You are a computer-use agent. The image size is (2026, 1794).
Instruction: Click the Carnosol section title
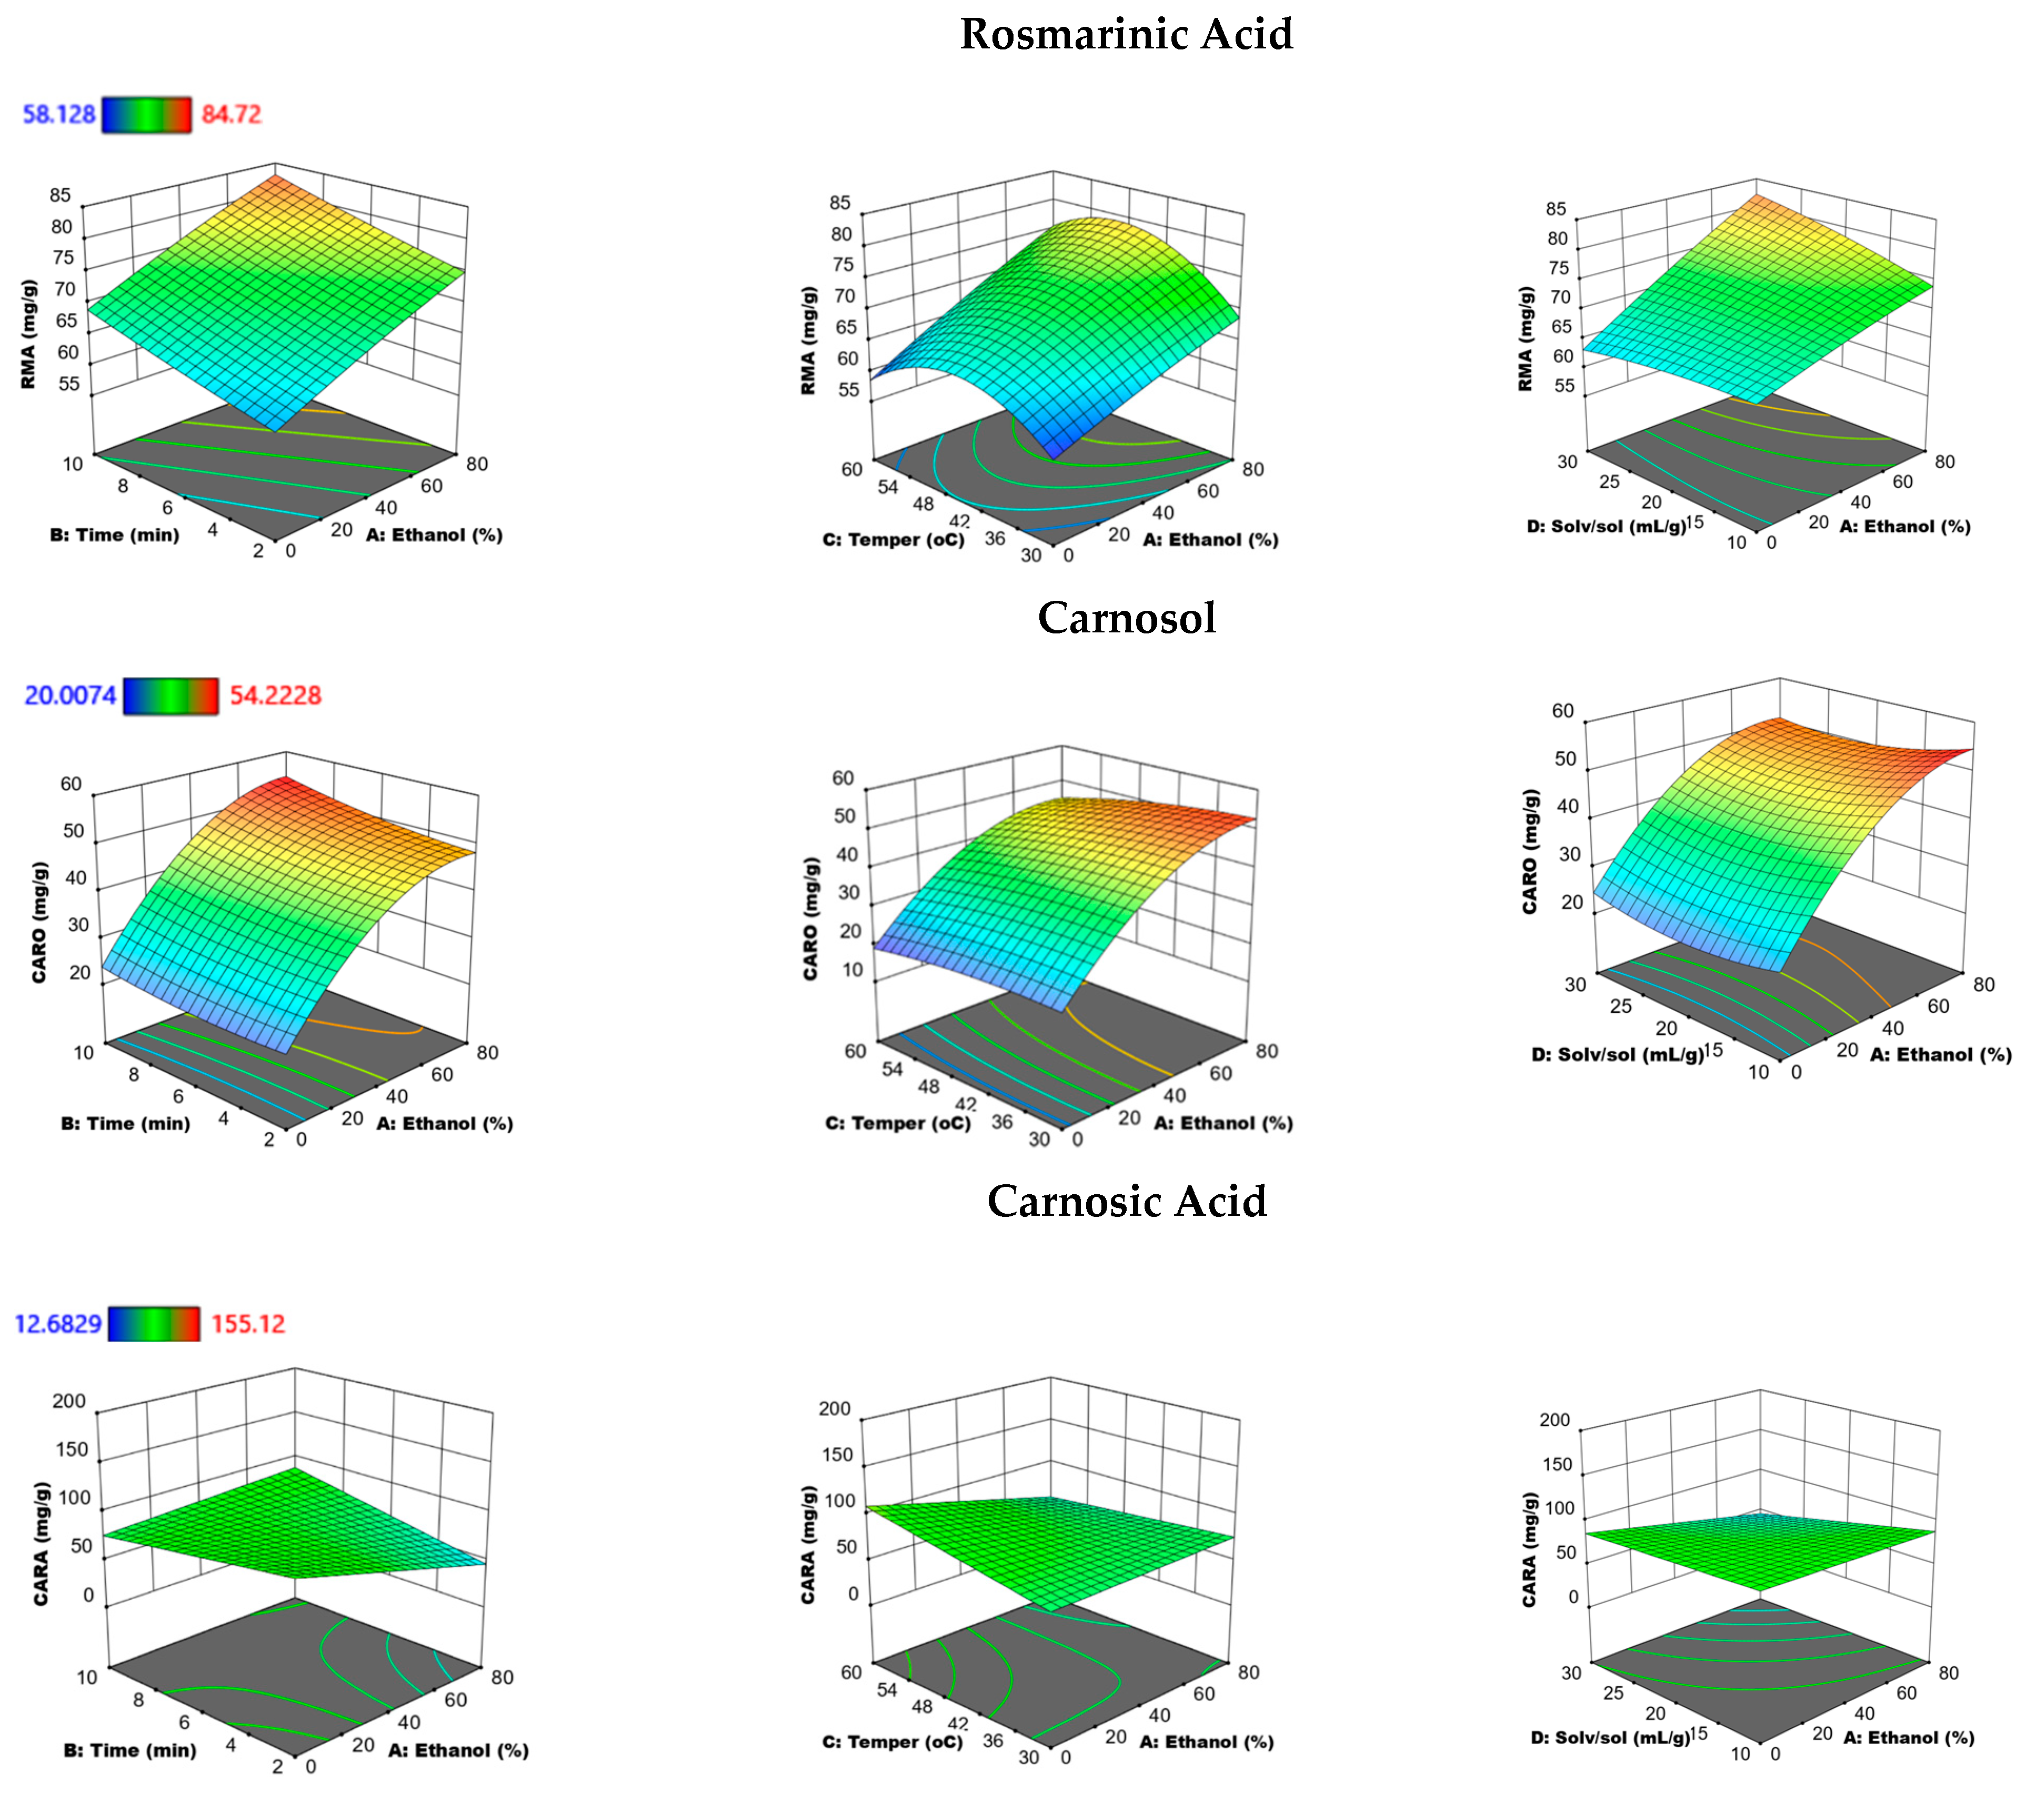coord(1126,618)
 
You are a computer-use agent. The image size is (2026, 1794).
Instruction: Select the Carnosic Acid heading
coord(1126,1201)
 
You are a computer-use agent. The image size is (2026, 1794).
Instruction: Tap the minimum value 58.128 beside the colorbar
coord(59,114)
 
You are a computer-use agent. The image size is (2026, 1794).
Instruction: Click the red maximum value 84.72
coord(231,114)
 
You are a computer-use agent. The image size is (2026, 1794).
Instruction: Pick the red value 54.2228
coord(276,695)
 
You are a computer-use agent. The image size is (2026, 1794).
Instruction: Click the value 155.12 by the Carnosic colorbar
coord(248,1323)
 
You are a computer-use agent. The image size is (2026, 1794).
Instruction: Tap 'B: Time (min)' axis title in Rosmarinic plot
coord(115,535)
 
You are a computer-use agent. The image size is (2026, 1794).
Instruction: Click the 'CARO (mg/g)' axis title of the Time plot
coord(39,922)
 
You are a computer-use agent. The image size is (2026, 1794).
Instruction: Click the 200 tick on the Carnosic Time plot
coord(69,1400)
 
